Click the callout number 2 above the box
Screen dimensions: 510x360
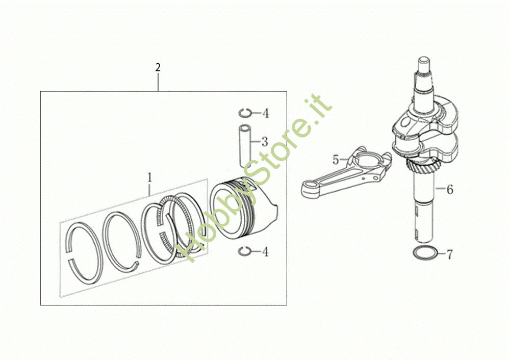click(158, 67)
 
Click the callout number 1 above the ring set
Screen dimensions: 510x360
click(149, 177)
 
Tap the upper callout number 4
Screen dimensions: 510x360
click(266, 114)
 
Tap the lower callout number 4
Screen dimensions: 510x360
click(266, 252)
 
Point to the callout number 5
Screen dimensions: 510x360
click(336, 160)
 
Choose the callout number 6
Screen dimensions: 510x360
click(450, 189)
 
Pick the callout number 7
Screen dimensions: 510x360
click(449, 254)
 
